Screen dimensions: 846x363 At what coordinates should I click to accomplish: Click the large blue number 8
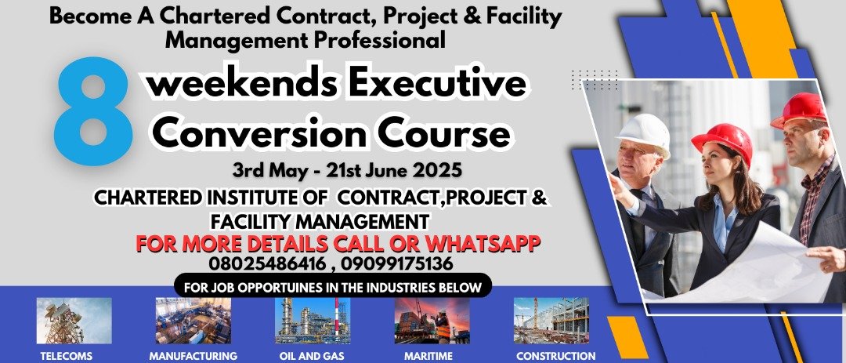(x=92, y=111)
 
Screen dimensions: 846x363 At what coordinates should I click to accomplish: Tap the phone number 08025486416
(x=268, y=264)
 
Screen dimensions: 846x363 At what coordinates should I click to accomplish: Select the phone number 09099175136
(x=396, y=264)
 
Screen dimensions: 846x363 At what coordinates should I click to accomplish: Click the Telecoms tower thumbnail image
(x=74, y=321)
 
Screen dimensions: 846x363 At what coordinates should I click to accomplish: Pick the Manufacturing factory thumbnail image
(x=193, y=321)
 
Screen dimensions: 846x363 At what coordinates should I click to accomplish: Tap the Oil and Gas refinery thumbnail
(x=313, y=321)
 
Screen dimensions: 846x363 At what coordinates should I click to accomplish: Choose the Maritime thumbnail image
(x=432, y=321)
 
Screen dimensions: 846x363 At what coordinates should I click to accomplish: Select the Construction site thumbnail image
(x=551, y=321)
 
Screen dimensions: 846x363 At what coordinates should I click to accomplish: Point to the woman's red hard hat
(x=723, y=142)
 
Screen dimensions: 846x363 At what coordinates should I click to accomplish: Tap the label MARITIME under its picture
(x=428, y=357)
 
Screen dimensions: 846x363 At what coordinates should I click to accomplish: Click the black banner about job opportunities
(x=333, y=285)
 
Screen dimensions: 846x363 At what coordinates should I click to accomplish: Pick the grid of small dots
(x=595, y=80)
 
